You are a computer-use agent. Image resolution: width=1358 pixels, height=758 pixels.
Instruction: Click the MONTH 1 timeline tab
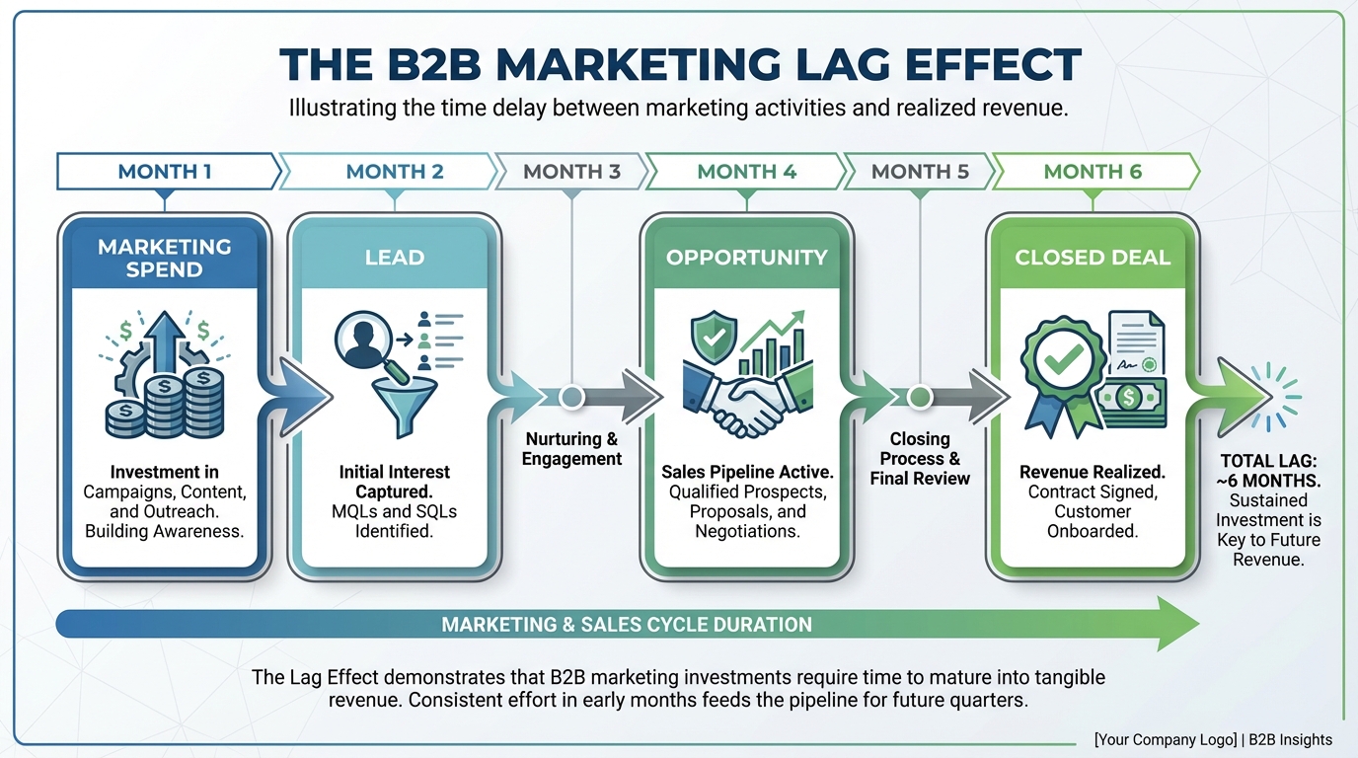tap(165, 172)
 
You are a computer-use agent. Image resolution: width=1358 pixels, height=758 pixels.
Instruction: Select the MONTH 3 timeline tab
tap(571, 172)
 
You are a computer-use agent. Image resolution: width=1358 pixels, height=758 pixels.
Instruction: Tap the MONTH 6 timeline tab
tap(1093, 172)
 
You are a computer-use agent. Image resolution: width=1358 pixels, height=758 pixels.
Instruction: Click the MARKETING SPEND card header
tap(165, 258)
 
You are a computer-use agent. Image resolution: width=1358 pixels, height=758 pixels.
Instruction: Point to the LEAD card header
tap(394, 258)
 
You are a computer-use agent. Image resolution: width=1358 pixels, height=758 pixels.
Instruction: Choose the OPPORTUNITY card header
tap(746, 258)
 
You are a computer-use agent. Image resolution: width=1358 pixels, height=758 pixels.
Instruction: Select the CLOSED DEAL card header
tap(1093, 258)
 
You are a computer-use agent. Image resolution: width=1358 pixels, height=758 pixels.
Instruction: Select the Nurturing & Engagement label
tap(573, 449)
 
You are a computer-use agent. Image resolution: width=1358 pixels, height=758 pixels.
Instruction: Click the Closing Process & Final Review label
tap(920, 459)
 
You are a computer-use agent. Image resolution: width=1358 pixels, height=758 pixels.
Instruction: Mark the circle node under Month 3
tap(571, 397)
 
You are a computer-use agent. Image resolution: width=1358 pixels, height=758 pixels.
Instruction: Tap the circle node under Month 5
tap(920, 397)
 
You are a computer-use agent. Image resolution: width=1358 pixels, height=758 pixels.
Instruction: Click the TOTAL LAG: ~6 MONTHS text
tap(1268, 471)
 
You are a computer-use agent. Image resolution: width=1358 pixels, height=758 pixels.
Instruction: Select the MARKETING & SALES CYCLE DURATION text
tap(627, 625)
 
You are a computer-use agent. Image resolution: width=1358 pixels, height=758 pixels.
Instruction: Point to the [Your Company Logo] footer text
tap(1166, 739)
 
